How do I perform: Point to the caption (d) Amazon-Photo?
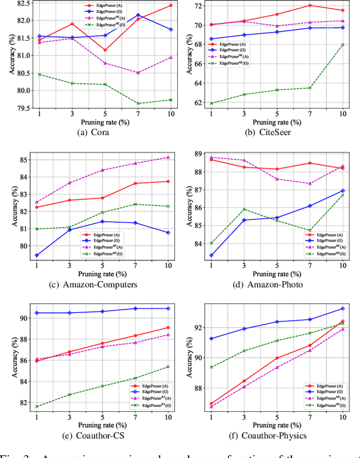(x=276, y=285)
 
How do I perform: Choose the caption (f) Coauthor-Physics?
(x=276, y=435)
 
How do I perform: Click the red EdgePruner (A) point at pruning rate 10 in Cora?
(x=170, y=6)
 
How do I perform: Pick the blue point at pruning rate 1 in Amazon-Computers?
(x=37, y=255)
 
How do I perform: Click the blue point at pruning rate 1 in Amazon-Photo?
(x=211, y=255)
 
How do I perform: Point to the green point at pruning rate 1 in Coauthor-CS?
(x=37, y=406)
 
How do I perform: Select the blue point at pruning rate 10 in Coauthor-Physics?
(x=343, y=308)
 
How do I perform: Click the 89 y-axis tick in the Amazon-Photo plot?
(x=198, y=154)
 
